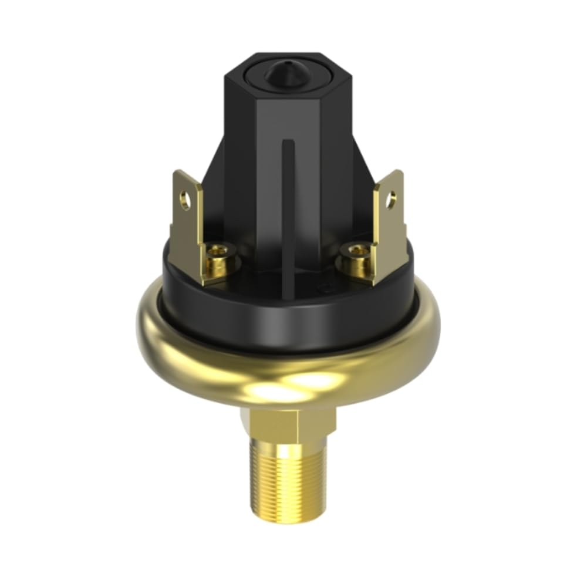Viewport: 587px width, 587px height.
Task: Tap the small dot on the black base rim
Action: (x=324, y=288)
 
